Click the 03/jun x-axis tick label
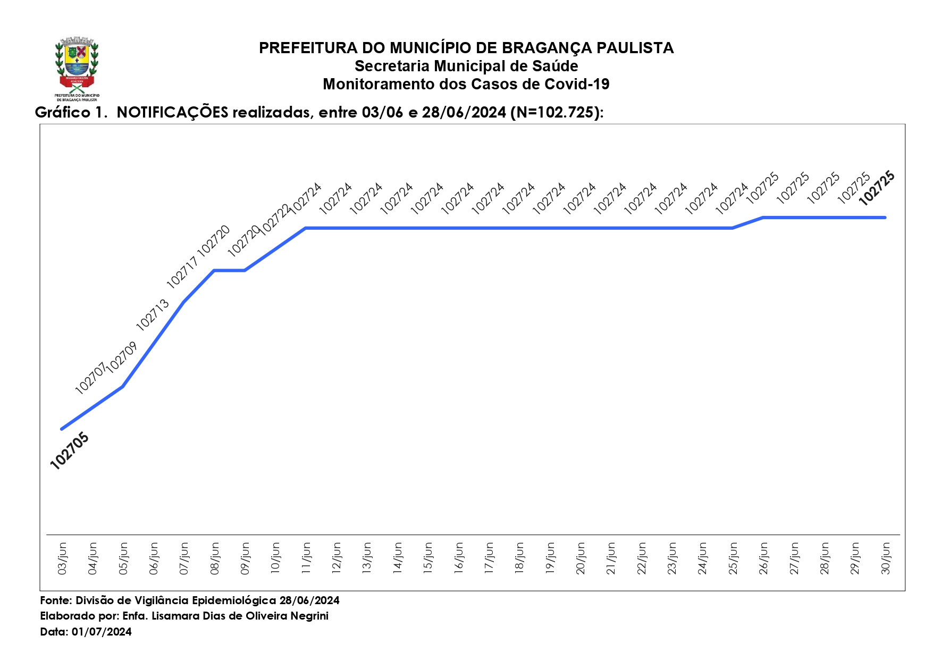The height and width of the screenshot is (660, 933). (x=62, y=558)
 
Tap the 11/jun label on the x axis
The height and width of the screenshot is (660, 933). (x=306, y=558)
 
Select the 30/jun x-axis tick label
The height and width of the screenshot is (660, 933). (x=886, y=558)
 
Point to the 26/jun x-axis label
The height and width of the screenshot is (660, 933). (x=763, y=558)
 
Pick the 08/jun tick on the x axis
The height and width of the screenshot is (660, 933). (x=215, y=558)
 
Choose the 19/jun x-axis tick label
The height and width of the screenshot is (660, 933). (x=550, y=558)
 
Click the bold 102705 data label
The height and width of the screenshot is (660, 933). (x=70, y=451)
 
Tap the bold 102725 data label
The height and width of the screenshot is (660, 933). (x=877, y=188)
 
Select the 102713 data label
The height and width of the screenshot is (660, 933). (x=153, y=315)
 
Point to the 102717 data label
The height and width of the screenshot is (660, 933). (x=182, y=272)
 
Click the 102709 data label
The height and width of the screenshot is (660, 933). (x=122, y=357)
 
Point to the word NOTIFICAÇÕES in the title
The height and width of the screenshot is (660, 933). (x=172, y=112)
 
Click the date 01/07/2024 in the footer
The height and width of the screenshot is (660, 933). (x=102, y=632)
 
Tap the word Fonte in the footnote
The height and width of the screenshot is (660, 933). (x=55, y=600)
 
